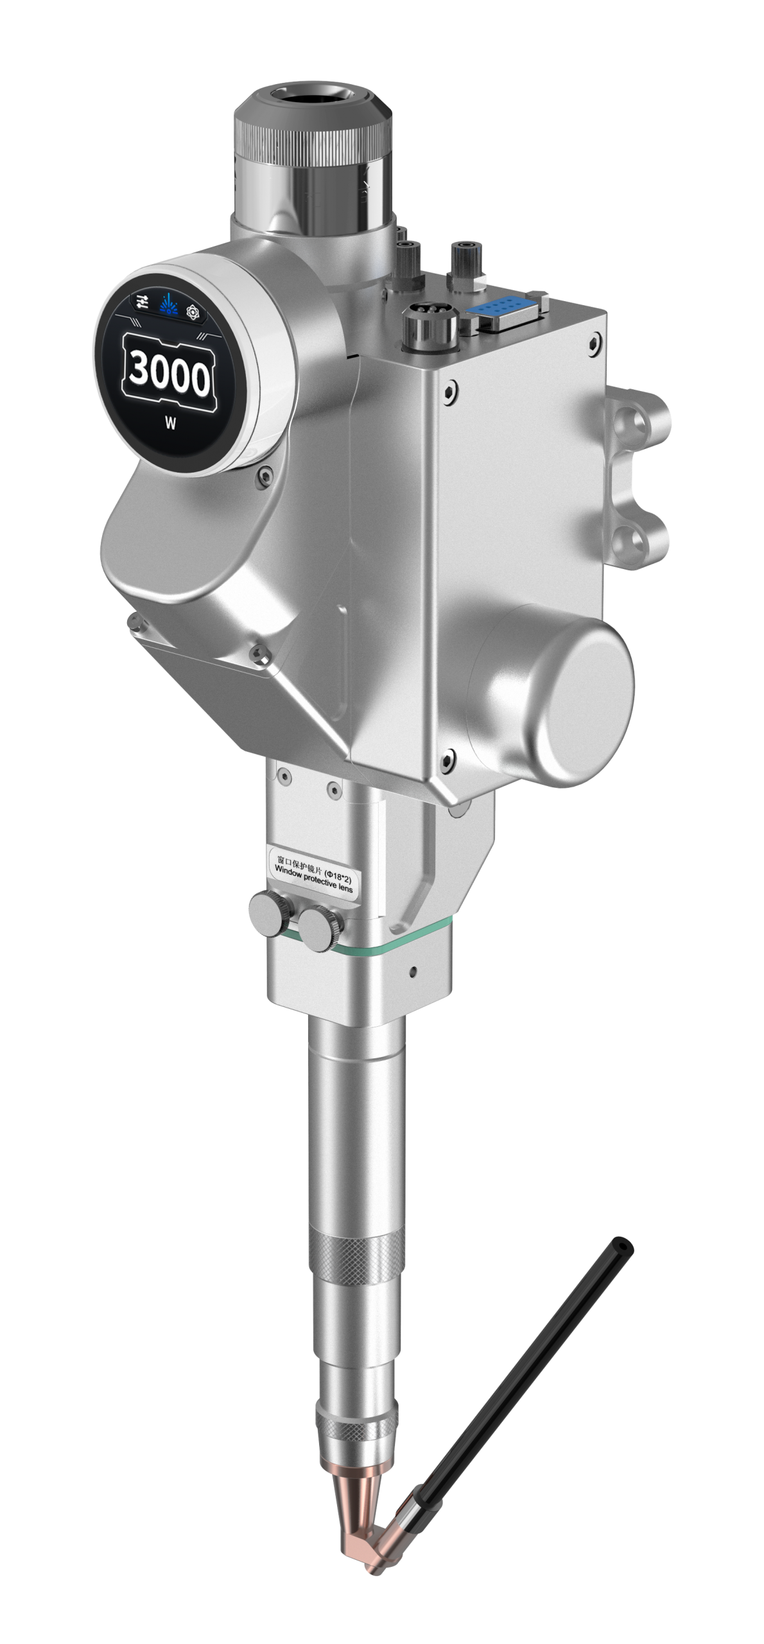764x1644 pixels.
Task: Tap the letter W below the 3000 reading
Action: [x=170, y=423]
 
